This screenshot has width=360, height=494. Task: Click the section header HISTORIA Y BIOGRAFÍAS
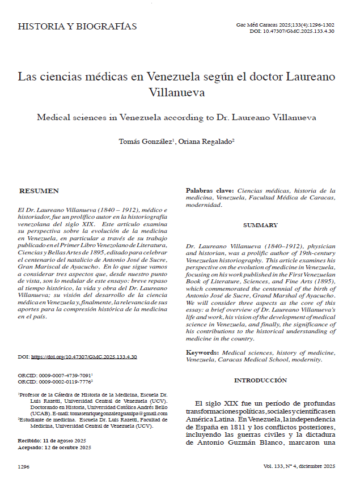coord(77,27)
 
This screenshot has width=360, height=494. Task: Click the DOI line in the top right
coord(292,32)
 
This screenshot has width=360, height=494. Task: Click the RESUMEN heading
coord(39,191)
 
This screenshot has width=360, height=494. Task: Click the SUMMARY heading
coord(260,225)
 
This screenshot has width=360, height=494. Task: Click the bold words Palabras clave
coord(210,191)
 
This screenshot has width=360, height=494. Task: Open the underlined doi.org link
coord(83,357)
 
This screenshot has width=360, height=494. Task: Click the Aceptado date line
coord(54,447)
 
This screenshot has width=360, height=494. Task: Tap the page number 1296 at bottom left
coord(24,466)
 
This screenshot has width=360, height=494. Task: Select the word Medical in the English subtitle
coord(53,117)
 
